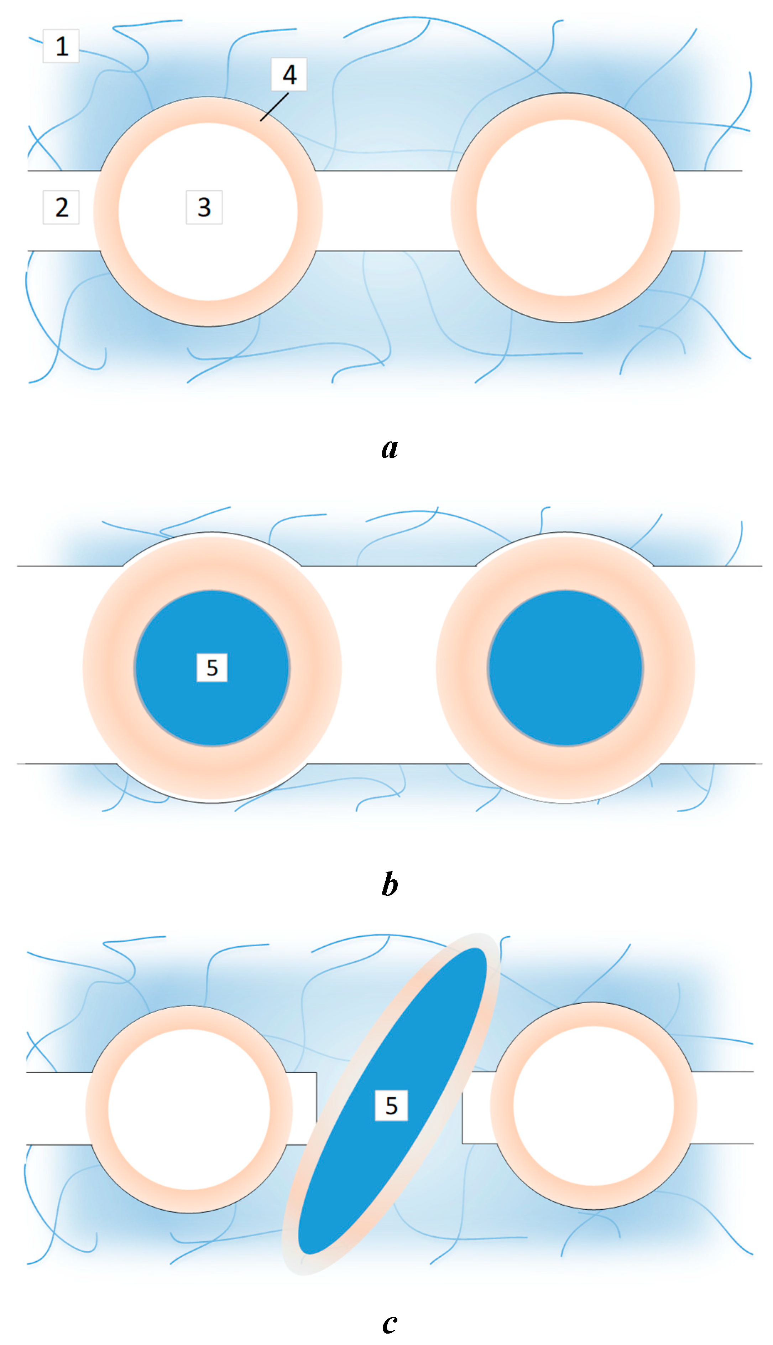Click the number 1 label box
(x=61, y=46)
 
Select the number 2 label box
(x=61, y=207)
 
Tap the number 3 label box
(x=204, y=207)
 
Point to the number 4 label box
(x=289, y=74)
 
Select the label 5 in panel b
(x=212, y=668)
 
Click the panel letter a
(x=390, y=448)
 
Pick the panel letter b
(x=390, y=884)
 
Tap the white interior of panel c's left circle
(x=189, y=1108)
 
